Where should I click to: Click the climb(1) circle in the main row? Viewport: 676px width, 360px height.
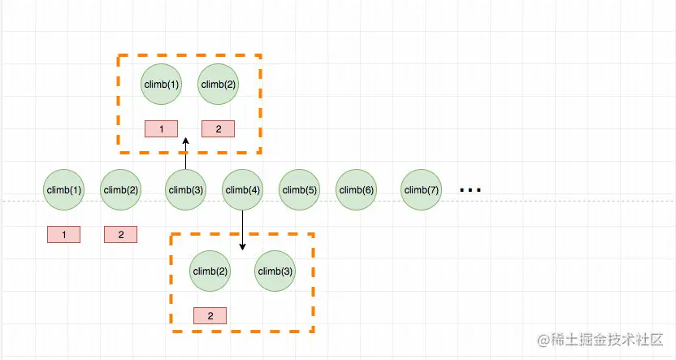click(64, 190)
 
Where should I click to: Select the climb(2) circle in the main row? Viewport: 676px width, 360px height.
click(121, 190)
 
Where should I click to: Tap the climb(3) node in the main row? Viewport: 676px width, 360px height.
click(186, 190)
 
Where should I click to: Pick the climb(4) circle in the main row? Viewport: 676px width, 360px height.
click(243, 190)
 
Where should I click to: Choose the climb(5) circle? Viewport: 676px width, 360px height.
click(300, 190)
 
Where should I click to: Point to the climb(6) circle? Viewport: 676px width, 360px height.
click(357, 190)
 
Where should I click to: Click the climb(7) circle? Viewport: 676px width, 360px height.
click(422, 190)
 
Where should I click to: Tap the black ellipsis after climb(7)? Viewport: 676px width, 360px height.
click(470, 190)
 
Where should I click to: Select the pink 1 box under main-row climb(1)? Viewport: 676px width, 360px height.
click(64, 235)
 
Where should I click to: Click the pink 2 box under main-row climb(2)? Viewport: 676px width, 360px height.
click(121, 235)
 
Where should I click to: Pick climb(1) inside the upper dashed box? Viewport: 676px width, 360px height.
click(162, 84)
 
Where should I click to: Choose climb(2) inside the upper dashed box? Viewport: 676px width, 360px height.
click(219, 84)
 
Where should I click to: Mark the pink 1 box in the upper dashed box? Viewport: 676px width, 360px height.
click(162, 128)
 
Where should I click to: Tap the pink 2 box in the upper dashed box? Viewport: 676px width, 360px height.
click(219, 128)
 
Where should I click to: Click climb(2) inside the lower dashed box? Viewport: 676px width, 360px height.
click(210, 271)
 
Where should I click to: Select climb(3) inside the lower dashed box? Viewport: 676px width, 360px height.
click(275, 271)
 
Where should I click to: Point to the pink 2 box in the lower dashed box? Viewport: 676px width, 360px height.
click(210, 315)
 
